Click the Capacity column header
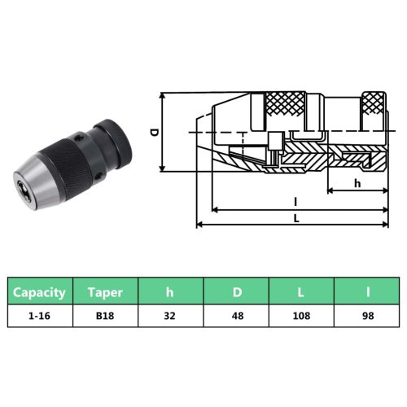40,291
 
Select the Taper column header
105,291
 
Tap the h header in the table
170,291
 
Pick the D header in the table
235,291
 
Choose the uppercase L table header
300,291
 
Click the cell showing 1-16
40,316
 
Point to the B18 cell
105,316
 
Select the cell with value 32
170,316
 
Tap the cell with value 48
235,316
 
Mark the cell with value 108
300,316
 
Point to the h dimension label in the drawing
357,183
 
